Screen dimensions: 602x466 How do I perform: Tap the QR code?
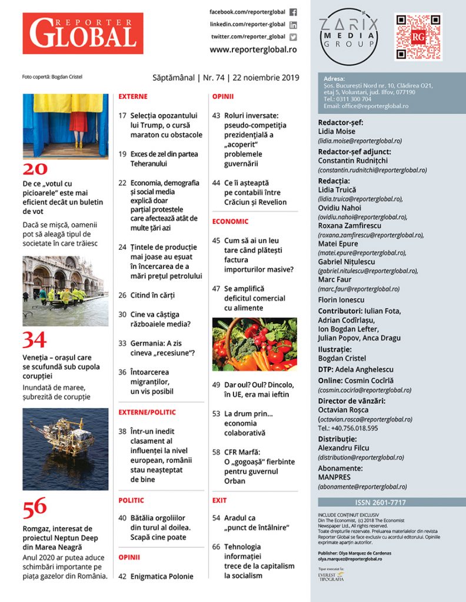(418, 37)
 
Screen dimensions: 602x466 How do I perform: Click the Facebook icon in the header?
(293, 12)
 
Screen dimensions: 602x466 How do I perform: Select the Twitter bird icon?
(293, 36)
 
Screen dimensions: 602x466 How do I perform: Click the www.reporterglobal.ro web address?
(253, 50)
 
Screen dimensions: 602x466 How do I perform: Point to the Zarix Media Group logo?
(348, 36)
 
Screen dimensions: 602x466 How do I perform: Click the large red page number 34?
(34, 340)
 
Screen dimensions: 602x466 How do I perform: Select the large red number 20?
(34, 170)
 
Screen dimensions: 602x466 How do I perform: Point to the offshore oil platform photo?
(65, 449)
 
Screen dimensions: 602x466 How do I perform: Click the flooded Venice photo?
(65, 291)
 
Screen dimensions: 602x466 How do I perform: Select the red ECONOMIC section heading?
(230, 222)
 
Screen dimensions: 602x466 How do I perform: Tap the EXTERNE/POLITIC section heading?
(147, 412)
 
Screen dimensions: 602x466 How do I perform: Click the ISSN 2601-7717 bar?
(391, 503)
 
